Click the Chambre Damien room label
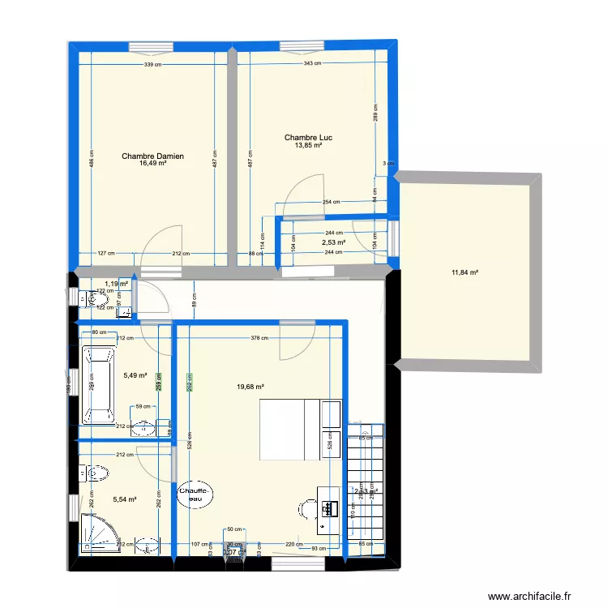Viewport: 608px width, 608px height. click(x=152, y=156)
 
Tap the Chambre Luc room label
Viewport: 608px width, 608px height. click(x=308, y=138)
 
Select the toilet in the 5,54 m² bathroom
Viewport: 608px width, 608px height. click(x=96, y=472)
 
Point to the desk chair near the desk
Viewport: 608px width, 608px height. click(x=307, y=509)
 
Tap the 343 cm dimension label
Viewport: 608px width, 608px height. click(x=310, y=65)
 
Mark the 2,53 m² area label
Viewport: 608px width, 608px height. click(x=333, y=242)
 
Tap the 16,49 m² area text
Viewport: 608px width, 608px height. click(x=152, y=163)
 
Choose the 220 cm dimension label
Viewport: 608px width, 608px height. click(x=292, y=545)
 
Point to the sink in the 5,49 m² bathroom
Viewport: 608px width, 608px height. click(x=145, y=426)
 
